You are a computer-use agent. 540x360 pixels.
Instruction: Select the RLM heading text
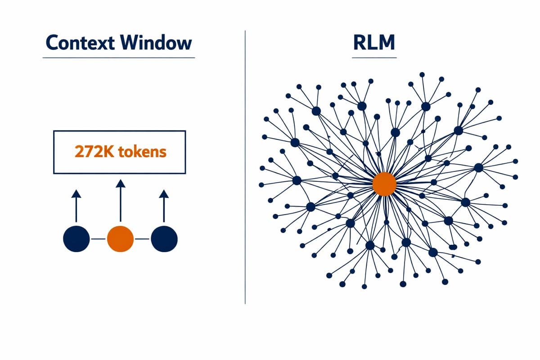(x=373, y=43)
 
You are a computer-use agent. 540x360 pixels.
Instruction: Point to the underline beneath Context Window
(x=119, y=58)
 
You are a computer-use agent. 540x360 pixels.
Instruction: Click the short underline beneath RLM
(x=374, y=58)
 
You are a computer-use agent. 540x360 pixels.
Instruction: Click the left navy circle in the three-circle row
(x=76, y=239)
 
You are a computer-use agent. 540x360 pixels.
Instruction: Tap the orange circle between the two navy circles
(x=120, y=239)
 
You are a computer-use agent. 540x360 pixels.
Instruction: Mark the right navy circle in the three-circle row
(x=164, y=239)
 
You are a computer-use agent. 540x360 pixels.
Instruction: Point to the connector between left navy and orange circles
(x=98, y=239)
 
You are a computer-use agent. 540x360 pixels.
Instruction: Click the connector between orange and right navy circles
(x=142, y=239)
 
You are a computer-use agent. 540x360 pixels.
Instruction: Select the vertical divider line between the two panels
(x=245, y=166)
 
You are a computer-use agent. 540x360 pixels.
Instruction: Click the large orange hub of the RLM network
(x=384, y=184)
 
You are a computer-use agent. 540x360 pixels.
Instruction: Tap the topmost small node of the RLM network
(x=422, y=74)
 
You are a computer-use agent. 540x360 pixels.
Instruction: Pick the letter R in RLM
(x=359, y=43)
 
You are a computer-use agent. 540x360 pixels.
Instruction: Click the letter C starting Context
(x=52, y=43)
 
